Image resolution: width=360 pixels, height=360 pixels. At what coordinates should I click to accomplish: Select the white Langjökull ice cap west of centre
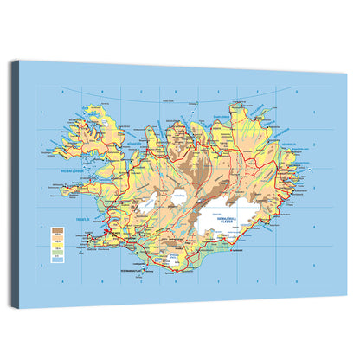tap(147, 202)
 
